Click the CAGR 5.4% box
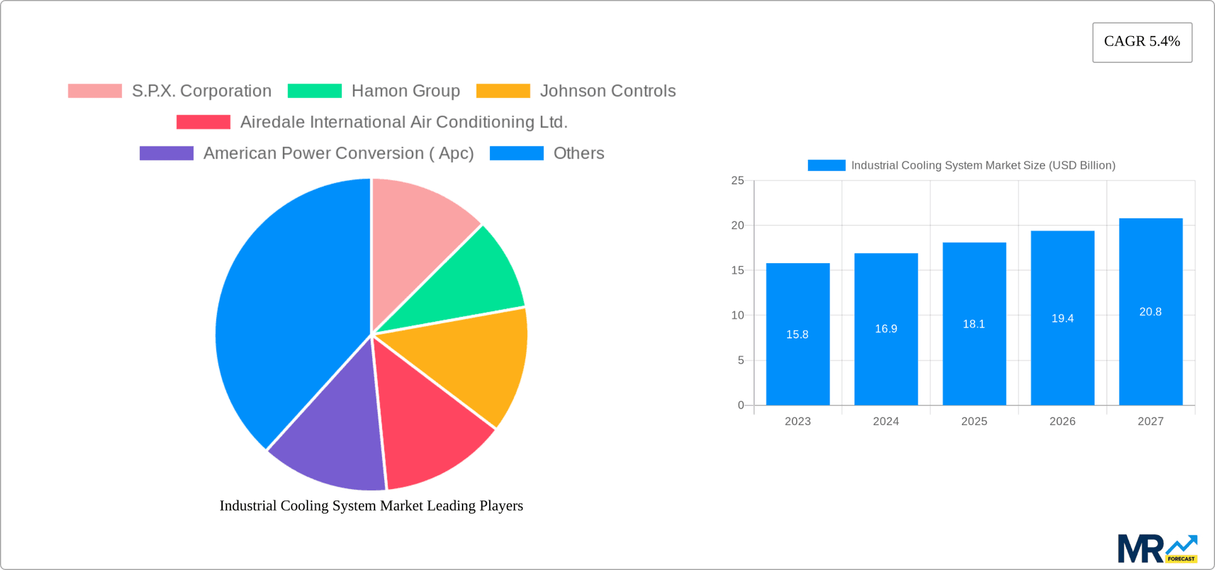coord(1142,42)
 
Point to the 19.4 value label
coord(1062,318)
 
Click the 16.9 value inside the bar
coord(885,328)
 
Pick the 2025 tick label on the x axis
coord(974,421)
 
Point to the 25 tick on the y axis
coord(737,180)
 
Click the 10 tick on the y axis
coord(737,315)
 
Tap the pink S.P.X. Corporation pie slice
coord(418,228)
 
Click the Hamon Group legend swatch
coord(315,91)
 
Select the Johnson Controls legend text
coord(607,91)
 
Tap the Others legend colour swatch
coord(516,153)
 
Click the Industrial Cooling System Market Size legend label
coord(983,165)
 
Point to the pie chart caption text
coord(371,505)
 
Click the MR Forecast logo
coord(1157,548)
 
